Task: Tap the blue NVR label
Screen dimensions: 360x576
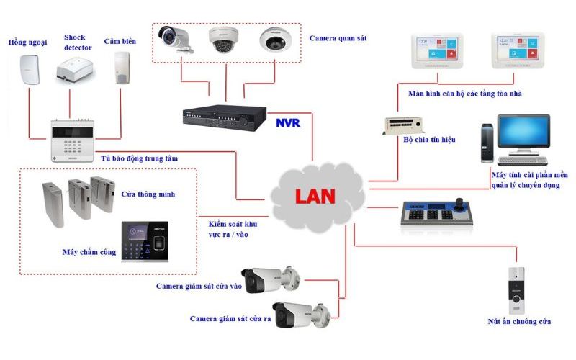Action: pyautogui.click(x=287, y=122)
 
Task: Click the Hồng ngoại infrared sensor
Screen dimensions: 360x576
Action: pyautogui.click(x=28, y=69)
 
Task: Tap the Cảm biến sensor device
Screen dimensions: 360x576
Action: pyautogui.click(x=120, y=69)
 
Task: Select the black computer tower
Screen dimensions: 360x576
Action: pyautogui.click(x=487, y=144)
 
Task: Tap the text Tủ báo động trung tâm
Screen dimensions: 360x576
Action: pyautogui.click(x=139, y=158)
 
